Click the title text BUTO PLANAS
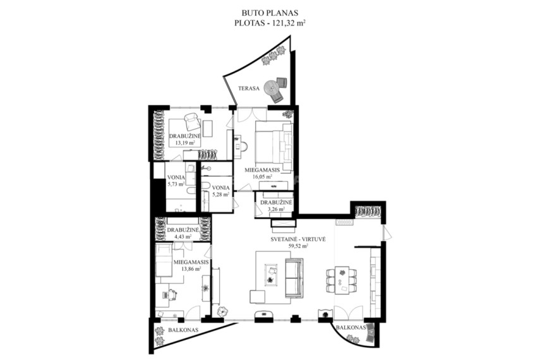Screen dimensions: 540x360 (x=270, y=13)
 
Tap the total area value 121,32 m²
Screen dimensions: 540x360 (x=289, y=23)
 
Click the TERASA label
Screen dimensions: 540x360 (x=248, y=88)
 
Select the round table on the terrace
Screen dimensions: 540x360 (x=271, y=88)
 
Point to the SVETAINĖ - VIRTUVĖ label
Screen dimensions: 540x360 (x=298, y=239)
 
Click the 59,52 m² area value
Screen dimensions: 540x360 (x=298, y=246)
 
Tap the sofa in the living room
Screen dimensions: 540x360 (x=294, y=278)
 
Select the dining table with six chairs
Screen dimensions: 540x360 (x=341, y=280)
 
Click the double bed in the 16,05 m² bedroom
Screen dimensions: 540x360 (x=273, y=147)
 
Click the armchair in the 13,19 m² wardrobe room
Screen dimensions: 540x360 (x=192, y=122)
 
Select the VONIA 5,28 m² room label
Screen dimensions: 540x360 (x=221, y=191)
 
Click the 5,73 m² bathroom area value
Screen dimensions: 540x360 (x=176, y=184)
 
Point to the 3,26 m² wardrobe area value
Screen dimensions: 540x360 (x=277, y=209)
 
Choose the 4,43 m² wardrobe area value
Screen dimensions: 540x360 (x=183, y=237)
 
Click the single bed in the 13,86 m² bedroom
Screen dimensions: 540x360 (x=164, y=260)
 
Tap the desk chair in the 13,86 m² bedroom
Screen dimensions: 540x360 (x=171, y=295)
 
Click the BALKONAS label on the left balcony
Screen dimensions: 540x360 (x=183, y=330)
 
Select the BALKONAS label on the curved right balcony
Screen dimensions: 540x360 (x=351, y=328)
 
